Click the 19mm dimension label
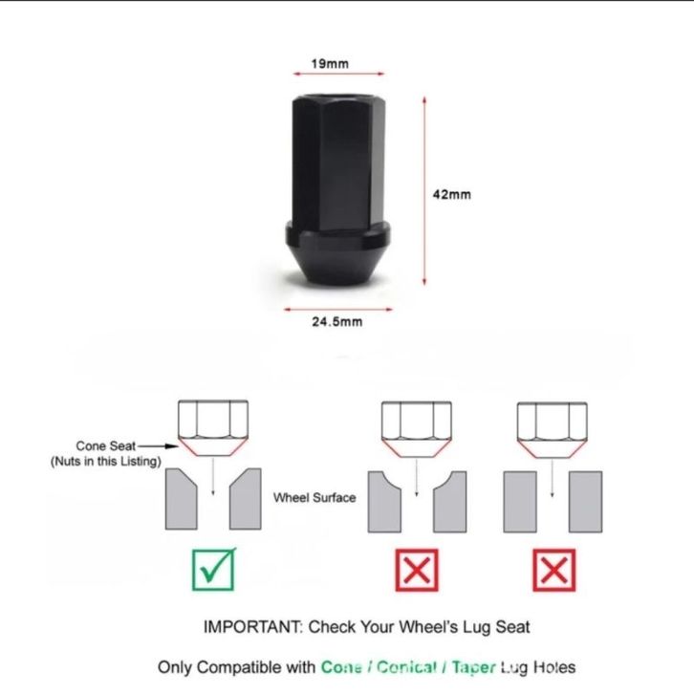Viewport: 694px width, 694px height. tap(330, 64)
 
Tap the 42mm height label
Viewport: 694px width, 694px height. tap(452, 194)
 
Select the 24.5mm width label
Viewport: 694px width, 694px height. tap(337, 321)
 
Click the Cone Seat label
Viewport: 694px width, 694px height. tap(105, 445)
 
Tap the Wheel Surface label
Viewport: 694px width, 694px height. tap(314, 498)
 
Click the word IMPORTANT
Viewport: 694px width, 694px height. tap(249, 627)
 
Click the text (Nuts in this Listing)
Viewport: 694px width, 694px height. tap(105, 462)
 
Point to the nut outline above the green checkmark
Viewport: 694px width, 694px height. tap(213, 428)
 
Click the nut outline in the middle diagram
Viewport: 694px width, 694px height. tap(416, 428)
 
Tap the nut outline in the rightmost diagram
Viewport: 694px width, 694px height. tap(552, 428)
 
